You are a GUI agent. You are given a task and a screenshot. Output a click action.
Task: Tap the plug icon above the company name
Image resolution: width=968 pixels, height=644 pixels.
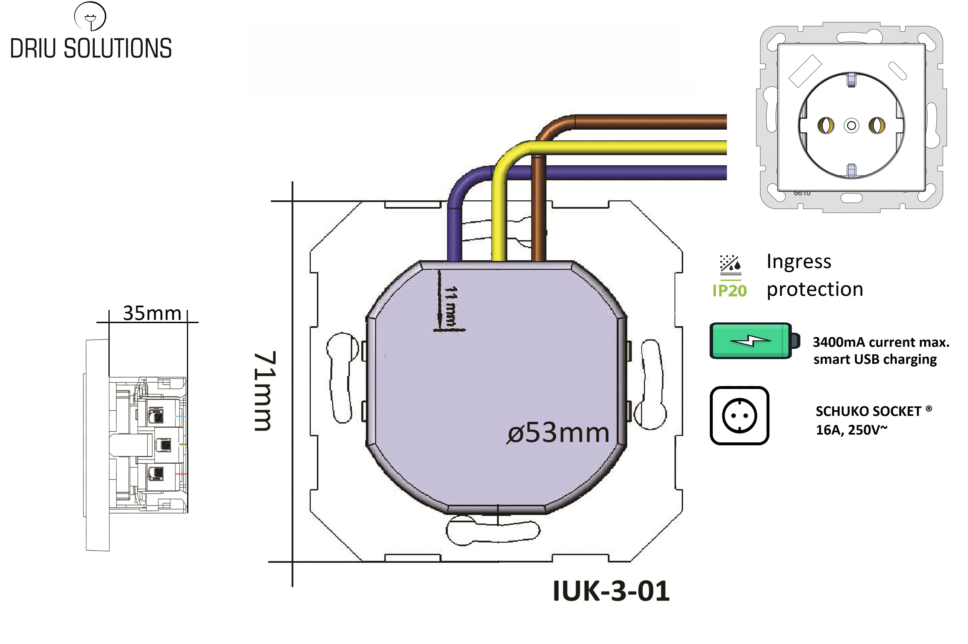coord(90,16)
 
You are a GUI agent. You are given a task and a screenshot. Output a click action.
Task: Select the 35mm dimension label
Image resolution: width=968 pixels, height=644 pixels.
coord(152,313)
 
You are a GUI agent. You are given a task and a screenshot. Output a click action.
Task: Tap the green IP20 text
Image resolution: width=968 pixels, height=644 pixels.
coord(729,291)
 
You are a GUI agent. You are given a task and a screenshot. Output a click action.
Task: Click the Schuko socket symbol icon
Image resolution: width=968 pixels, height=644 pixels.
coord(739,416)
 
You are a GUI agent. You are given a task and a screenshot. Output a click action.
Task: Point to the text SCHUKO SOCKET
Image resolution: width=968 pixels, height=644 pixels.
coord(868,411)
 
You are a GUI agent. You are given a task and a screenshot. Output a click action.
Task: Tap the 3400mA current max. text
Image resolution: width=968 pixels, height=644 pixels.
coord(881,342)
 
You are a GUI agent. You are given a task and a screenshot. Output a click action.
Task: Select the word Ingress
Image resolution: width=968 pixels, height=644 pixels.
coord(799,262)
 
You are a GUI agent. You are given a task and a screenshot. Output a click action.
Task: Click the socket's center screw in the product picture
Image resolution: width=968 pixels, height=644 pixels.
coord(851,125)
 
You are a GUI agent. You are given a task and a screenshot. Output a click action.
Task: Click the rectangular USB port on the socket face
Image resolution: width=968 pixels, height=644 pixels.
coord(805,71)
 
